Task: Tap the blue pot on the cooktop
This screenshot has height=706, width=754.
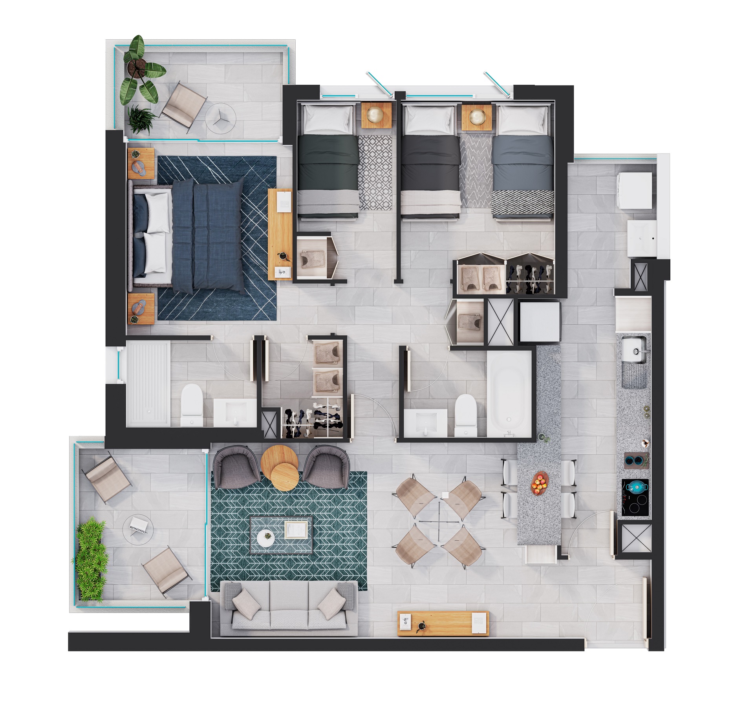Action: (635, 487)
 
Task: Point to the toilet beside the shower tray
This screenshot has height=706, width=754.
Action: (192, 404)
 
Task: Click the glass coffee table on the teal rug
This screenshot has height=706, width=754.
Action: (281, 535)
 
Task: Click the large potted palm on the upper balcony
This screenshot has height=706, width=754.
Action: (140, 71)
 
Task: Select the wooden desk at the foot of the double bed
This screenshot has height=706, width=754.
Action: (280, 234)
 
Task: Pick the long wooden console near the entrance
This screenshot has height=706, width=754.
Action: (443, 624)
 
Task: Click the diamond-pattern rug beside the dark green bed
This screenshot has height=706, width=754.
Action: (375, 172)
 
